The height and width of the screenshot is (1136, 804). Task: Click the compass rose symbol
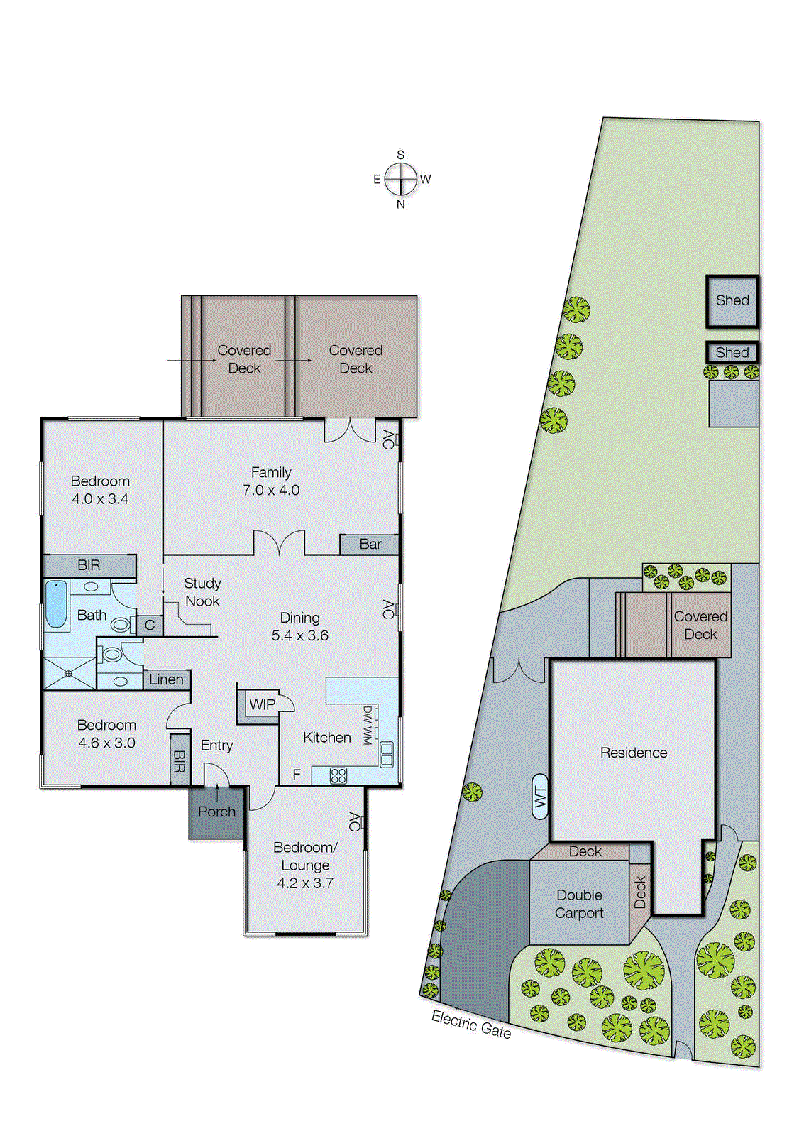pos(401,179)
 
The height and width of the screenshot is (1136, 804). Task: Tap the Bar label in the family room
pos(370,545)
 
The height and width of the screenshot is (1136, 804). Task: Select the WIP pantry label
pos(262,704)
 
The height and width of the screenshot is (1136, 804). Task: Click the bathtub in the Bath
pos(56,604)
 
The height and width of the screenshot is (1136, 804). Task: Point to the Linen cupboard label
pos(166,679)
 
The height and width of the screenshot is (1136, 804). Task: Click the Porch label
pos(216,812)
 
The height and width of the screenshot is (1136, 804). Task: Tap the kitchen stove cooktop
pos(338,776)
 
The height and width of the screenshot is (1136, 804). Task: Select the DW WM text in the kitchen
pos(368,725)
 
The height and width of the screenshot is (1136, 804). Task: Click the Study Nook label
pos(202,592)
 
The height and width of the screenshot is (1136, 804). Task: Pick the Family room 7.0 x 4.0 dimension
pos(271,490)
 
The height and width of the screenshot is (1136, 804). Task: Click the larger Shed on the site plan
pos(732,301)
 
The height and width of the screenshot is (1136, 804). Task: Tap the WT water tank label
pos(541,797)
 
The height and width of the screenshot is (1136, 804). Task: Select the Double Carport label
pos(579,904)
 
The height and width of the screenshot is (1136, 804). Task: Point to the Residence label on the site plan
pos(634,753)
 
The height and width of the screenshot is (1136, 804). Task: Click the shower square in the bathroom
pos(69,672)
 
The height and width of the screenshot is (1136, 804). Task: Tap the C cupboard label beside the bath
pos(150,626)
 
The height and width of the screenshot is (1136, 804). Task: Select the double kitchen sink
pos(387,754)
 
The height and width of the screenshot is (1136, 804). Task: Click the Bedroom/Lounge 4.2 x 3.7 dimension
pos(305,883)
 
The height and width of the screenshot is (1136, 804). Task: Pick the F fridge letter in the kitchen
pos(297,775)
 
